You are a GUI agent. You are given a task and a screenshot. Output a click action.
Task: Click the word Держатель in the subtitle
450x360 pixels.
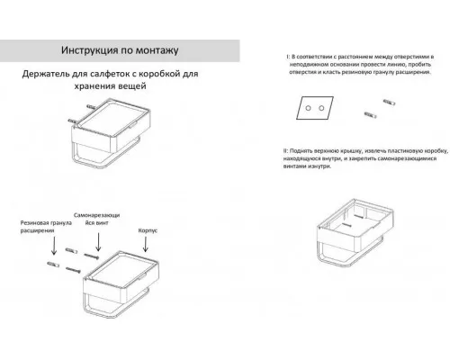tap(46, 74)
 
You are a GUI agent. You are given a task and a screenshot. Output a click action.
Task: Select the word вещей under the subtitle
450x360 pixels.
tap(131, 86)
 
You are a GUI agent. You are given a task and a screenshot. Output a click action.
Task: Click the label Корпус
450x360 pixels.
tap(148, 230)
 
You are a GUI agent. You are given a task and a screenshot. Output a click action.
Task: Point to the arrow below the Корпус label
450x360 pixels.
tap(146, 244)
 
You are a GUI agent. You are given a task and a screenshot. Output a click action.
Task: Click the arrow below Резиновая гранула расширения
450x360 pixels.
tap(54, 246)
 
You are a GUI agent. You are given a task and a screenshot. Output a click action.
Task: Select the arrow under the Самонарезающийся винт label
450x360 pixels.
tap(98, 242)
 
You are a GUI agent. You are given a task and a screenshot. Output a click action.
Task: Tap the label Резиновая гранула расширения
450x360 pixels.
tap(46, 227)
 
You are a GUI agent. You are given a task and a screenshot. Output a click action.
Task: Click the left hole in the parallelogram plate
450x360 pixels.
tap(308, 108)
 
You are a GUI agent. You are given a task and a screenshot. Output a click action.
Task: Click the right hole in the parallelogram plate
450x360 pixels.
tap(321, 108)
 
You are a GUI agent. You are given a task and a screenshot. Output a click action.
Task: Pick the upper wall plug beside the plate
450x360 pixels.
tap(389, 103)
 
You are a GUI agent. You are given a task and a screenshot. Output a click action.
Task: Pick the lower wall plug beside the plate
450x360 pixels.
tap(370, 115)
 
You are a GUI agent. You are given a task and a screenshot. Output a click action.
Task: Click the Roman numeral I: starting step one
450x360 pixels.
tap(288, 57)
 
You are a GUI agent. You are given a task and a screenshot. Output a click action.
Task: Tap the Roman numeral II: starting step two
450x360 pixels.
tap(285, 150)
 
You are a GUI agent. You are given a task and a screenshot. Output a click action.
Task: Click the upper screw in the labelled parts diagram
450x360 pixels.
tap(91, 256)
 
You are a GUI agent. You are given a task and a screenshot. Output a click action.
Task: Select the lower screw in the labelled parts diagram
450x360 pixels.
tap(73, 270)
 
